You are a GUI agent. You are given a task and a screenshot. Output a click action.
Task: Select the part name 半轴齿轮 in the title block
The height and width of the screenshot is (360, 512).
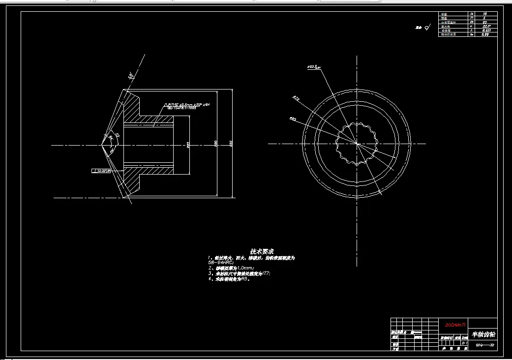coord(483,334)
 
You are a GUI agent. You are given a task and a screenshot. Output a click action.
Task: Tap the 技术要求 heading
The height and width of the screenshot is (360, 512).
coord(262,251)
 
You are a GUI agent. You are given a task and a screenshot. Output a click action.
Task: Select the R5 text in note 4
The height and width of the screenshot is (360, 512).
coord(244,279)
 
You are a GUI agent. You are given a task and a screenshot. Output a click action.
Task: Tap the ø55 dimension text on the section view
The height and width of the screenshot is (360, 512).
coord(188,145)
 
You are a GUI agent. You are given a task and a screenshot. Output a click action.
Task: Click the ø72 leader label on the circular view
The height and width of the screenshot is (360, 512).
coord(296,98)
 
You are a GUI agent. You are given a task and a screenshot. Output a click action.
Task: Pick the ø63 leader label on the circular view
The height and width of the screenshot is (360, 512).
coord(292,119)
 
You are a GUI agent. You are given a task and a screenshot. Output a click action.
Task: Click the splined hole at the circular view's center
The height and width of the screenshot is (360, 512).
coord(356,144)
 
